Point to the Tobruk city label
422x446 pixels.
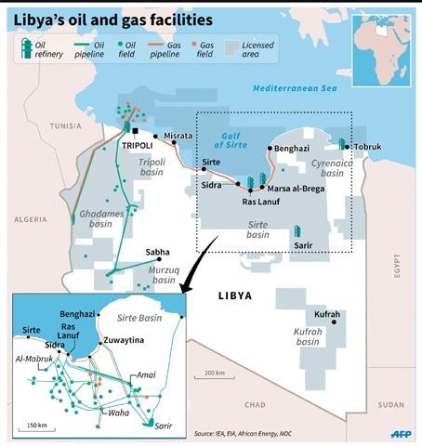tap(374, 146)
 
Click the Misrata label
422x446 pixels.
tap(178, 136)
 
